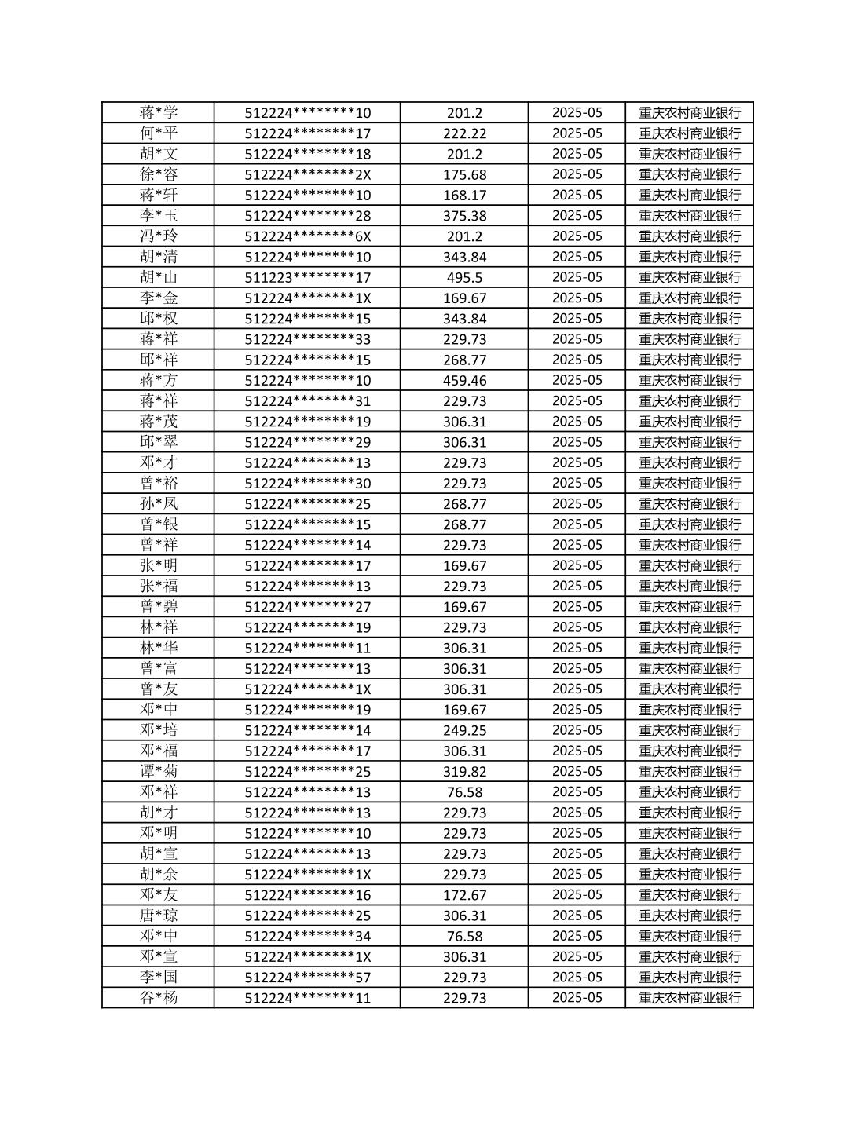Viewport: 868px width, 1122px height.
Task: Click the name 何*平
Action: [x=159, y=133]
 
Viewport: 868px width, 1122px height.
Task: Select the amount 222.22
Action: [x=464, y=133]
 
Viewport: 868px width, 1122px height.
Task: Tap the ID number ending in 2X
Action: [x=307, y=174]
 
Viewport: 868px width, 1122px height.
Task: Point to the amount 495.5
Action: [x=464, y=277]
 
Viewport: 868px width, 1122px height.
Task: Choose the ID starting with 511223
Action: [x=307, y=277]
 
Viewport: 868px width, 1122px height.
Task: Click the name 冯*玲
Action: [x=159, y=236]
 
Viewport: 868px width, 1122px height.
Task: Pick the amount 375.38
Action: [x=464, y=216]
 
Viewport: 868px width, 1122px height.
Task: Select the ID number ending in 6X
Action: [x=307, y=236]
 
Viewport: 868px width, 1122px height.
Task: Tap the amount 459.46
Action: [x=464, y=380]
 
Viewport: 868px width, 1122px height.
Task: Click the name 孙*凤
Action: [x=159, y=503]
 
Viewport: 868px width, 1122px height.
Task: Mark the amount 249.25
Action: [x=464, y=730]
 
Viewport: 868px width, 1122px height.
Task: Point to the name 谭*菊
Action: [x=159, y=771]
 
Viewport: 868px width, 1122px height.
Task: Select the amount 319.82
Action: [x=464, y=771]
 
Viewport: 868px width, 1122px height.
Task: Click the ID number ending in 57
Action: [x=307, y=977]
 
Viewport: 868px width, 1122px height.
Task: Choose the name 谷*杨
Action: [x=159, y=998]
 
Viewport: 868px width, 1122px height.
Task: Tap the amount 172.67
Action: [x=464, y=895]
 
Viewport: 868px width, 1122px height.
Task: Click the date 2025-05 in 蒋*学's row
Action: [x=577, y=113]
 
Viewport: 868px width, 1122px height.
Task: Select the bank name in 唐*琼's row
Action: [x=690, y=916]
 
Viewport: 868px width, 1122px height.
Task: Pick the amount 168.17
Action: [x=464, y=195]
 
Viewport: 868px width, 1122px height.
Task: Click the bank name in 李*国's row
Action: [x=690, y=977]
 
